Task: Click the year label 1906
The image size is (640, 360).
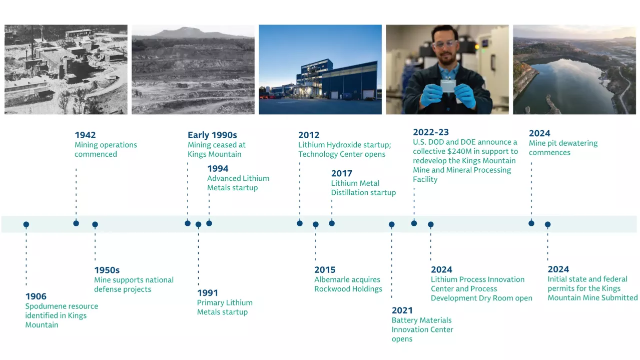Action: [37, 296]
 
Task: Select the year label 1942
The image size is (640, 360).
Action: [85, 135]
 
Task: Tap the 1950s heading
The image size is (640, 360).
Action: [107, 270]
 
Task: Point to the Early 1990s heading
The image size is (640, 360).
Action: [212, 135]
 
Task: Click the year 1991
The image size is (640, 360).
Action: [207, 292]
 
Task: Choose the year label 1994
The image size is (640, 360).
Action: [218, 168]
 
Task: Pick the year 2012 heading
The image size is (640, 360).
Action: [309, 135]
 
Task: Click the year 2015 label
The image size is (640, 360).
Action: [325, 269]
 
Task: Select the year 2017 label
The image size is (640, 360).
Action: [341, 173]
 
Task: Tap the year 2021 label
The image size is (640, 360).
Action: [402, 310]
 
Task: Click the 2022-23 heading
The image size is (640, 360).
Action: [430, 132]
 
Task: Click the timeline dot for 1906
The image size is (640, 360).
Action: [26, 225]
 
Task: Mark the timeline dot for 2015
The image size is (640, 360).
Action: [316, 225]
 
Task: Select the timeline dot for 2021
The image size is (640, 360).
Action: [392, 225]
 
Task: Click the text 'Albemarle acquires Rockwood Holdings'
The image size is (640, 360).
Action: [348, 284]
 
